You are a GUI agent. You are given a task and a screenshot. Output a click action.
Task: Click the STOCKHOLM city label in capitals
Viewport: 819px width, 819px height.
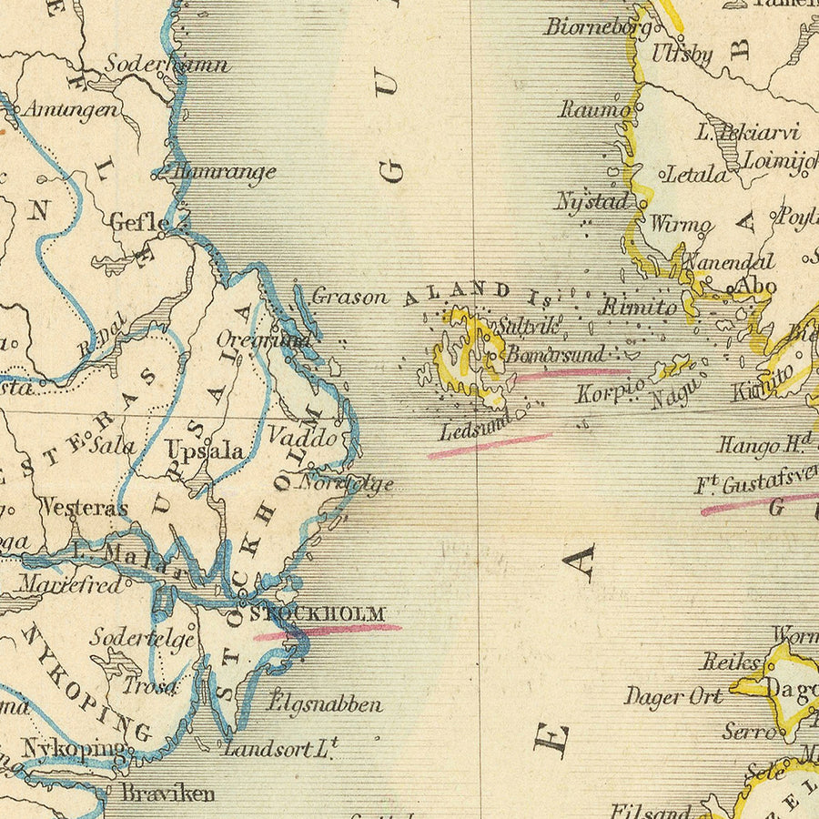(318, 614)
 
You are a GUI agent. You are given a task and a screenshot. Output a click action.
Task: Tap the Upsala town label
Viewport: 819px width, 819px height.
(204, 450)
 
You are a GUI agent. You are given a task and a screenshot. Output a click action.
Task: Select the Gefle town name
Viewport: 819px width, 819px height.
(139, 222)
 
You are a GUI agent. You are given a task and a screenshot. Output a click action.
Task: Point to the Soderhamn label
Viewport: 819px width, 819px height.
(167, 65)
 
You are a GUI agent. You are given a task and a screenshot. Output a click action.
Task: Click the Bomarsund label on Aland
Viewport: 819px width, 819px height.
(555, 355)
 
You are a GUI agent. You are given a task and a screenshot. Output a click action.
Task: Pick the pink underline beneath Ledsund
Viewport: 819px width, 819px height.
(490, 446)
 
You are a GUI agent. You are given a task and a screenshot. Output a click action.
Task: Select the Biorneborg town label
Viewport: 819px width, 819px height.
(598, 26)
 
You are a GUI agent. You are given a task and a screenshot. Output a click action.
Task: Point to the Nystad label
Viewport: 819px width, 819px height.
(592, 201)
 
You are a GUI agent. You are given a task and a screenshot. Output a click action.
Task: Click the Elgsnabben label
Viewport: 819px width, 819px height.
(325, 703)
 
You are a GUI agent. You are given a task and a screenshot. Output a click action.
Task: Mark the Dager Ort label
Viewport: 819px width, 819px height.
(672, 697)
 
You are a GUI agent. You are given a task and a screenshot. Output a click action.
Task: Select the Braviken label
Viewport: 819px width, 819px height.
(168, 793)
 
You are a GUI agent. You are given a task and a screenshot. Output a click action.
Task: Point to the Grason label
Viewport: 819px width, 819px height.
(349, 296)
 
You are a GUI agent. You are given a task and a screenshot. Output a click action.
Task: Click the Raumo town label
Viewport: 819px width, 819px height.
(594, 109)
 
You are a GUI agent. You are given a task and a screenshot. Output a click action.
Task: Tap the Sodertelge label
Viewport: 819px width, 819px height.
(142, 638)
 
